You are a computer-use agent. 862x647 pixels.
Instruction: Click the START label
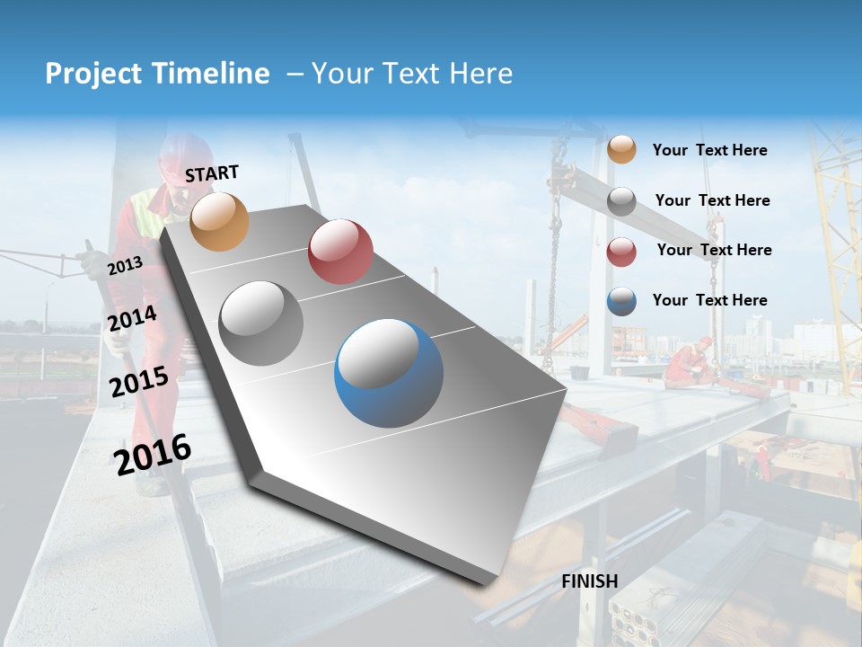(212, 173)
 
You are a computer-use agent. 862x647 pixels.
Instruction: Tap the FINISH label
(590, 581)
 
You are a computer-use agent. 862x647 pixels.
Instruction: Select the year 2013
(125, 266)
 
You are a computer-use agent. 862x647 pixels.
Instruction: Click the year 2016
(153, 454)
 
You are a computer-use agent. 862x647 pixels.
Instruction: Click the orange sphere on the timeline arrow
(220, 221)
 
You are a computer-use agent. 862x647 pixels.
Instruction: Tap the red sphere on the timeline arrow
(340, 252)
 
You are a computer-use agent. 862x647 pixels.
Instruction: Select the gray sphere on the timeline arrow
(261, 323)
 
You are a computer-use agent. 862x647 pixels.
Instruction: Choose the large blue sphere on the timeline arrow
(389, 372)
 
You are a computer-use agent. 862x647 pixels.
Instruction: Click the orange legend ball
(621, 150)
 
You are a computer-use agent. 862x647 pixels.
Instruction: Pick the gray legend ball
(621, 201)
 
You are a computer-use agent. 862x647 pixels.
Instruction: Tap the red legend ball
(621, 252)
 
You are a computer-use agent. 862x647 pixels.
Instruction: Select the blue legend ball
(621, 301)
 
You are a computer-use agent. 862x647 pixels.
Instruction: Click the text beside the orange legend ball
(709, 150)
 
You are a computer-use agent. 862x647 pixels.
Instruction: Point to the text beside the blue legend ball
(709, 300)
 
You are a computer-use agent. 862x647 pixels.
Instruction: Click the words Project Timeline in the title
(157, 74)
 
